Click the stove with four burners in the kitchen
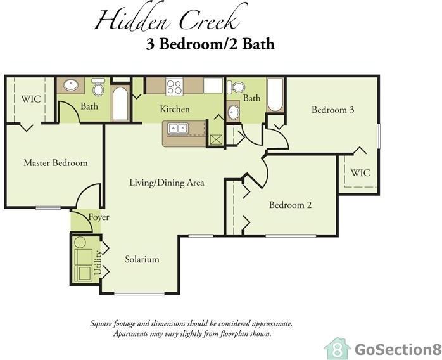tap(174, 86)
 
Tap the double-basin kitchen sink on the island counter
tap(178, 128)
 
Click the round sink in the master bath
tap(70, 86)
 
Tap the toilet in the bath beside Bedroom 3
tap(236, 87)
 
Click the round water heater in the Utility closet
tap(80, 242)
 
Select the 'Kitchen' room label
tap(174, 109)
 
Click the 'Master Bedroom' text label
tap(55, 163)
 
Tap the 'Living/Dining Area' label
tap(167, 183)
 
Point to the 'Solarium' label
tap(141, 259)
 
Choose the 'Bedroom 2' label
tap(290, 205)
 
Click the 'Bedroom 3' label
tap(332, 110)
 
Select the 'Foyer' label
tap(99, 217)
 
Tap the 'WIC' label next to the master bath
tap(31, 99)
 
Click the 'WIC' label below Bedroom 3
tap(360, 172)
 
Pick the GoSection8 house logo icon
tap(337, 348)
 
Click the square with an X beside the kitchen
tap(216, 138)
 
